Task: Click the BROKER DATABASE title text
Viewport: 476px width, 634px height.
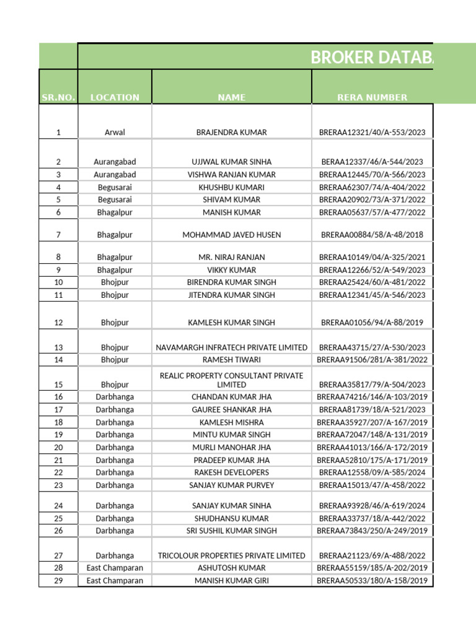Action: (371, 58)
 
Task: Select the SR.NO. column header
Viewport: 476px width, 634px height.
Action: (58, 97)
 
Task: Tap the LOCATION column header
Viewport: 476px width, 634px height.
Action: (115, 97)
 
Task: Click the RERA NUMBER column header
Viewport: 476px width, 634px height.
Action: (372, 97)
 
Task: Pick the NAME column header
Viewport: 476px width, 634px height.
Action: (231, 97)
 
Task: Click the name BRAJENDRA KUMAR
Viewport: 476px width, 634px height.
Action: (231, 132)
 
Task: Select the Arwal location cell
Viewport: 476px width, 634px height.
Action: (115, 132)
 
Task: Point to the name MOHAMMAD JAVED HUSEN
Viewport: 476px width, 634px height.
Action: (231, 235)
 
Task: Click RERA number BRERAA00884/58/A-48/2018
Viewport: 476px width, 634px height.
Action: (372, 235)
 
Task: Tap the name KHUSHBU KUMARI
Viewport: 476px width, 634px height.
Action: (231, 187)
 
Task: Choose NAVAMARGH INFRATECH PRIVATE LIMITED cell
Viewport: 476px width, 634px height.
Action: (231, 347)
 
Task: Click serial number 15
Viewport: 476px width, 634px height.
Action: (58, 384)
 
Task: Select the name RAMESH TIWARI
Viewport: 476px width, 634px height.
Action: (231, 360)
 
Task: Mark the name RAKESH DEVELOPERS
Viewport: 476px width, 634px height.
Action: (231, 472)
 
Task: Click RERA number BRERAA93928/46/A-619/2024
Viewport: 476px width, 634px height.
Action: (372, 506)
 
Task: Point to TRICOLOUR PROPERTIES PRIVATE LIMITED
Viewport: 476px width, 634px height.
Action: (231, 555)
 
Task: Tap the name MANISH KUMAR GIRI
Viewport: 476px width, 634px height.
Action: (231, 581)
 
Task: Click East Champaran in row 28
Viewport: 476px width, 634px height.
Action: (115, 568)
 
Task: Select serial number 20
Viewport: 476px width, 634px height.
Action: (58, 447)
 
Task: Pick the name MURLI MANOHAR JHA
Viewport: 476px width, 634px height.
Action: (231, 447)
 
